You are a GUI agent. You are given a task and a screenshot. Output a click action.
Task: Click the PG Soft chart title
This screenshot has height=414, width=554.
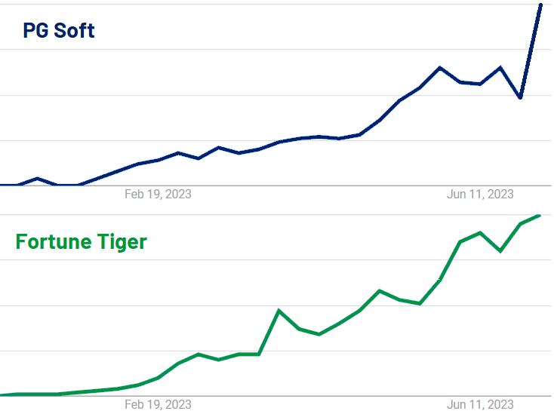(59, 31)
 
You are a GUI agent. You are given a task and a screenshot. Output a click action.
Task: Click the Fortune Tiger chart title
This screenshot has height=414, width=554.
(82, 242)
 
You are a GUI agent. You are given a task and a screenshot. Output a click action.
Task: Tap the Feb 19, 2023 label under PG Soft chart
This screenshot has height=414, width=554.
(158, 195)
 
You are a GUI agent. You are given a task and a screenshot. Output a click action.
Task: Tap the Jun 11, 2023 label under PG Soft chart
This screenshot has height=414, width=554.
(480, 195)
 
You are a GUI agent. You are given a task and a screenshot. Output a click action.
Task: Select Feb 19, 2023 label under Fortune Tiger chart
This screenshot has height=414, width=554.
(158, 405)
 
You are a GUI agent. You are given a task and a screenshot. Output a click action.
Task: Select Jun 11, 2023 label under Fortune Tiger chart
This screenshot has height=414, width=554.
(480, 405)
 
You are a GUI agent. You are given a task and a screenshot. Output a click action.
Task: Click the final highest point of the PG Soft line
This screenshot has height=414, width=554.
(540, 5)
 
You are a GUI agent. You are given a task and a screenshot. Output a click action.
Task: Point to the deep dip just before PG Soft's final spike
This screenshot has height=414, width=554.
(520, 98)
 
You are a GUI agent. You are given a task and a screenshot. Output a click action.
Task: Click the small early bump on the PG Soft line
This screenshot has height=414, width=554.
(37, 178)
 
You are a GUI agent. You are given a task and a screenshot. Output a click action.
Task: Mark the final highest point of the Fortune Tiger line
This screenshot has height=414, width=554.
(539, 216)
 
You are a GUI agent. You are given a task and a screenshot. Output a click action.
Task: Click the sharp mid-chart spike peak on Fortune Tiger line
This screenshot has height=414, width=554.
(279, 311)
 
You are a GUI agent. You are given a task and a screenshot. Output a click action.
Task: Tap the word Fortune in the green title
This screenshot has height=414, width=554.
(54, 242)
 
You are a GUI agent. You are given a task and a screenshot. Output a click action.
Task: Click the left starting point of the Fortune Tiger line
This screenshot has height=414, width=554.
(2, 394)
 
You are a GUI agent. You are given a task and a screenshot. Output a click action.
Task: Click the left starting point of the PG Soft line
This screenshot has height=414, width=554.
(2, 185)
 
